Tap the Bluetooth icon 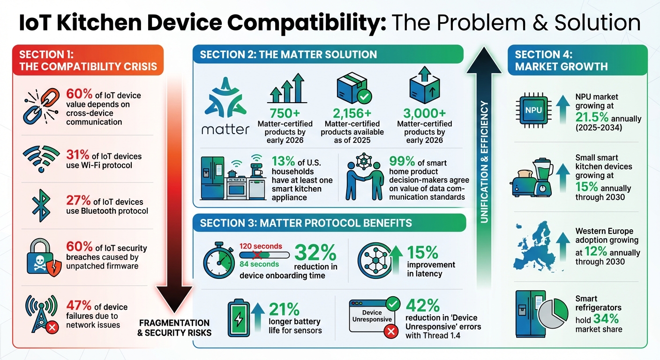[41, 205]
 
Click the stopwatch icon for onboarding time [219, 261]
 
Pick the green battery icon [239, 319]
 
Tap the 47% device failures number [78, 306]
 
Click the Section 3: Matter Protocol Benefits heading [306, 223]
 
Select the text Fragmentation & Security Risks [174, 328]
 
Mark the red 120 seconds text [261, 246]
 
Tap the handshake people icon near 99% [363, 180]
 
